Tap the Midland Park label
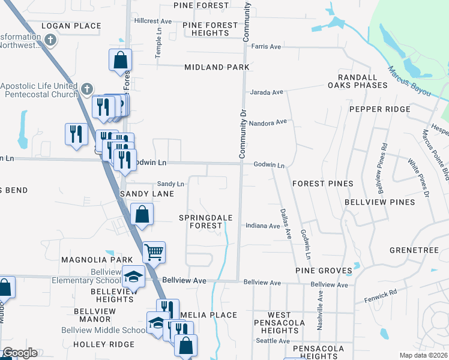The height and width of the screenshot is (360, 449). click(217, 67)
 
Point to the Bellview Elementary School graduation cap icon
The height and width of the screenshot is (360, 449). click(134, 277)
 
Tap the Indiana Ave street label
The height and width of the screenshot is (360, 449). click(262, 226)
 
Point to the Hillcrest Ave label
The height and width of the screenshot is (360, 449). click(153, 20)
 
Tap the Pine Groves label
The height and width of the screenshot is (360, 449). click(323, 271)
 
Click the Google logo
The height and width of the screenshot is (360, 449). click(19, 353)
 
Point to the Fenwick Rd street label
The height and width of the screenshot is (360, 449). click(381, 295)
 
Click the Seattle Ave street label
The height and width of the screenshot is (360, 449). click(273, 340)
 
